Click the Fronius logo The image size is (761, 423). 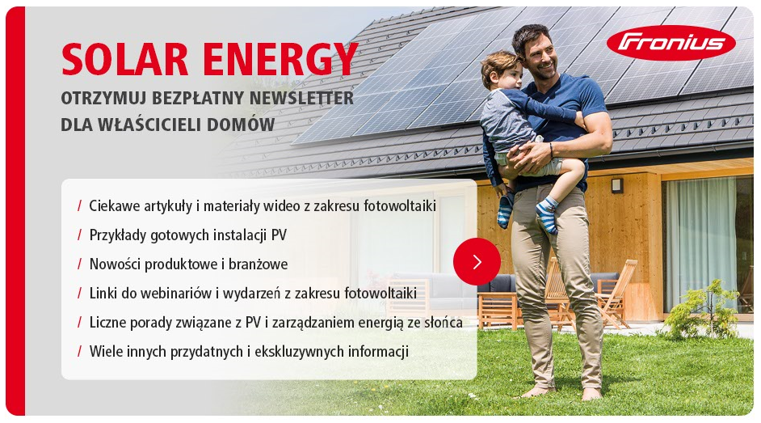pyautogui.click(x=671, y=43)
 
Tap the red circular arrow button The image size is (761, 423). pyautogui.click(x=477, y=262)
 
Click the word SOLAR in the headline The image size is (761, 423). pyautogui.click(x=124, y=59)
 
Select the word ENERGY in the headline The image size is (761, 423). pyautogui.click(x=280, y=59)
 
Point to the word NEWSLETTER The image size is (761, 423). pyautogui.click(x=301, y=98)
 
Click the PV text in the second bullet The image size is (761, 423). pyautogui.click(x=279, y=235)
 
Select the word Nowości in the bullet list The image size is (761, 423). pyautogui.click(x=115, y=264)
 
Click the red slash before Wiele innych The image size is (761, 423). pyautogui.click(x=80, y=351)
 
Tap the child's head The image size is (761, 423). pyautogui.click(x=502, y=70)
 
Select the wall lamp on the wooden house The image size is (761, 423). pyautogui.click(x=617, y=185)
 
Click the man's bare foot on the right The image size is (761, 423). pyautogui.click(x=591, y=393)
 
